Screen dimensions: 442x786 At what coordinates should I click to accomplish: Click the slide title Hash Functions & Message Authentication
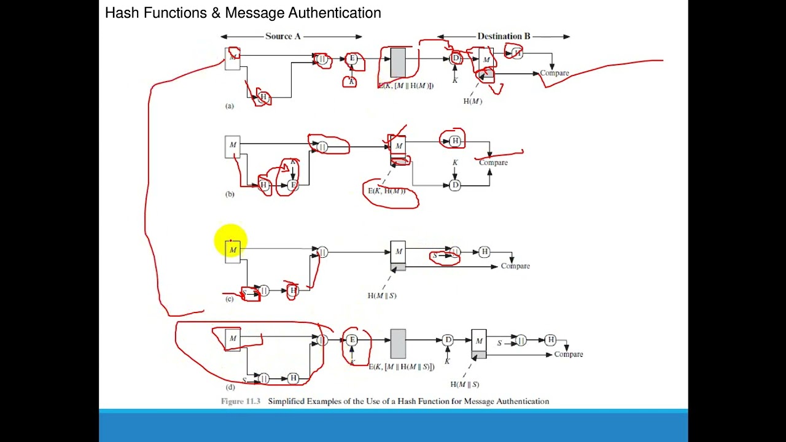[243, 13]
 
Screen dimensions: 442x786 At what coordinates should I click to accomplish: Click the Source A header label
[283, 36]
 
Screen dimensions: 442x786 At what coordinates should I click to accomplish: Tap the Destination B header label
[504, 36]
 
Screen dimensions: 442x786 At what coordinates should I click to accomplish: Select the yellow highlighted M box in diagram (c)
[232, 250]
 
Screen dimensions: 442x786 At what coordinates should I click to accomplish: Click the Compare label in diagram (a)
[554, 73]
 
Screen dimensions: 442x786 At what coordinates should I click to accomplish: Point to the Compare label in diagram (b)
[493, 163]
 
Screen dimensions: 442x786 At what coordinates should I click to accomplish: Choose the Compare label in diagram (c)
[515, 266]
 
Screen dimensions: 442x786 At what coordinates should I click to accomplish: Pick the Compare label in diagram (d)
[568, 354]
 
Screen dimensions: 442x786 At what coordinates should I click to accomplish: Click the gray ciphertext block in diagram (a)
[398, 63]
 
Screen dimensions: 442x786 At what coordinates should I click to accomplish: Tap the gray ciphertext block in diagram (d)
[398, 344]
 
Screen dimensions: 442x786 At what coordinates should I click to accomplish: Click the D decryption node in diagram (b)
[454, 185]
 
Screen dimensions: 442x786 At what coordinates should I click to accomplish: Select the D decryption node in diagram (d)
[448, 340]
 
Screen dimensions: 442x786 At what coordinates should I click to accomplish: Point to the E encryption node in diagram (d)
[352, 340]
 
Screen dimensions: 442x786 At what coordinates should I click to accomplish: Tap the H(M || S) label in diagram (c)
[382, 296]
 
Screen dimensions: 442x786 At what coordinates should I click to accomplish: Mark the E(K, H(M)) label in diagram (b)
[387, 191]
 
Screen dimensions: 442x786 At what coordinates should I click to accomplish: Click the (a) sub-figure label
[229, 106]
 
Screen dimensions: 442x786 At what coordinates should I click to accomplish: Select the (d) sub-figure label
[230, 387]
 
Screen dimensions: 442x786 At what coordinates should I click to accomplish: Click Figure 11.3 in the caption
[241, 401]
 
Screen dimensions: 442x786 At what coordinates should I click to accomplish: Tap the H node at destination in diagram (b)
[454, 141]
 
